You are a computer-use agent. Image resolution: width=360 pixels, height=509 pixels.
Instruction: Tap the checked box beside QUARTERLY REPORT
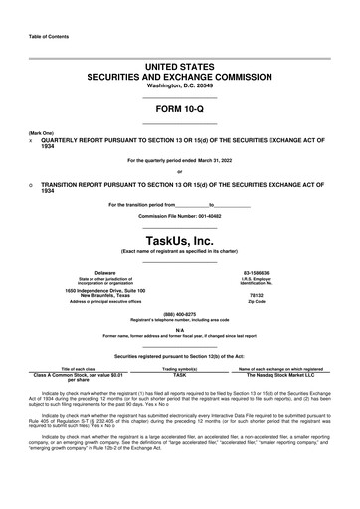coord(32,141)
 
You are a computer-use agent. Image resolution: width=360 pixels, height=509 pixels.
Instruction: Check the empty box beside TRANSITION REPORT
coord(32,184)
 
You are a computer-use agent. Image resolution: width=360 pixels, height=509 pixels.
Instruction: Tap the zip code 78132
coord(256,295)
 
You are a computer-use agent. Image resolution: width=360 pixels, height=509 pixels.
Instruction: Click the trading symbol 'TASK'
coord(180,374)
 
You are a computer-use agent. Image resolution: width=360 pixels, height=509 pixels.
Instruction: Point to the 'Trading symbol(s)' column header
coord(180,368)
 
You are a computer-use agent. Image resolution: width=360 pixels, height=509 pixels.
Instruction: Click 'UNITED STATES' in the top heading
coord(179,65)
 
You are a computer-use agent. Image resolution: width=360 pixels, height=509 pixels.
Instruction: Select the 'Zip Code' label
coord(256,301)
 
